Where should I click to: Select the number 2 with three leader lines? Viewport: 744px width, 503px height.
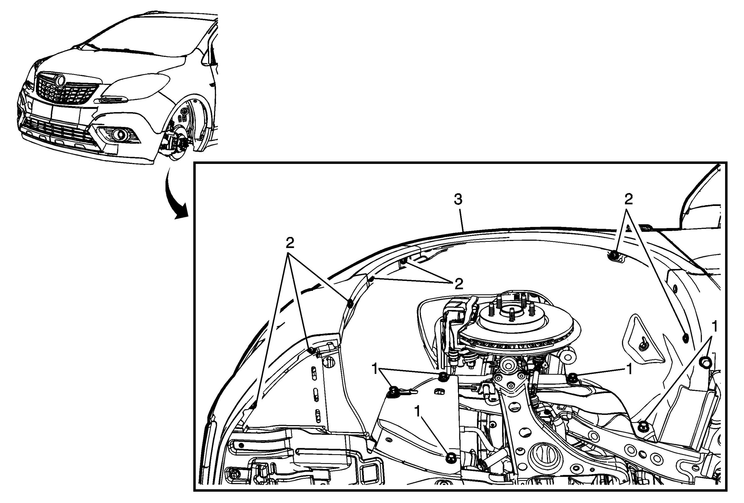pyautogui.click(x=290, y=244)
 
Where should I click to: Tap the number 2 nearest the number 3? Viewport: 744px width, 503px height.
pyautogui.click(x=628, y=199)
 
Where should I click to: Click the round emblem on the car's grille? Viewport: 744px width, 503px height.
pyautogui.click(x=60, y=80)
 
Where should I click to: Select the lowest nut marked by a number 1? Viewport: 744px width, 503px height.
pyautogui.click(x=450, y=457)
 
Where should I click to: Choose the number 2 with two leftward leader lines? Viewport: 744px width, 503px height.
pyautogui.click(x=459, y=284)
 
